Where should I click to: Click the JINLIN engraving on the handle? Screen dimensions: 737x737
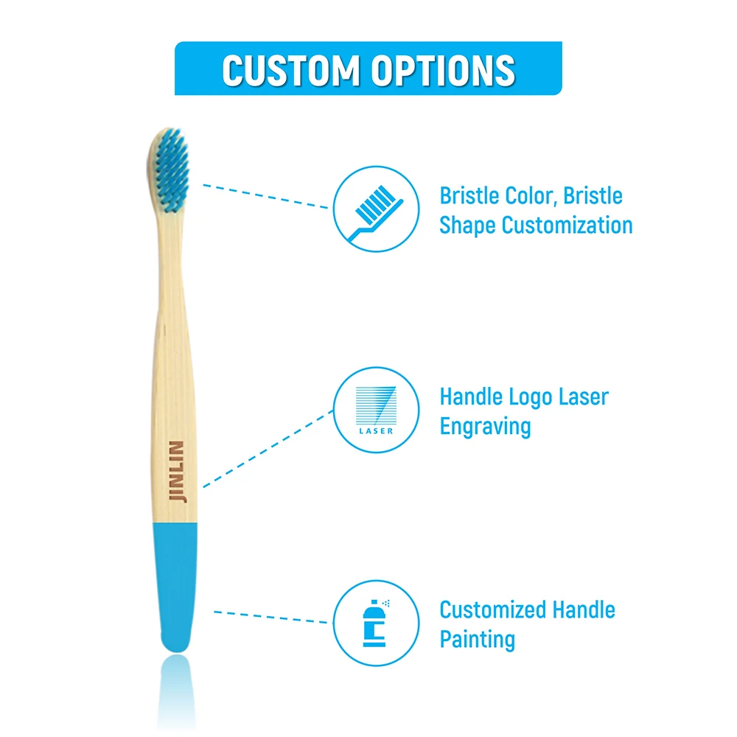177,472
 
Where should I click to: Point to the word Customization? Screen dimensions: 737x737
568,225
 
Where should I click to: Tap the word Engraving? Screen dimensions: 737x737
485,427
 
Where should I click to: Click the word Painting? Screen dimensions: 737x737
477,639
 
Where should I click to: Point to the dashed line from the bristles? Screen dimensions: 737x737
265,196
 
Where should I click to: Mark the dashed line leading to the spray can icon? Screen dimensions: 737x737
273,616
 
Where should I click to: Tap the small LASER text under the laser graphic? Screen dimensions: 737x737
376,430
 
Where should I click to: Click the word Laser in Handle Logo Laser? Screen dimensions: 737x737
582,397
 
